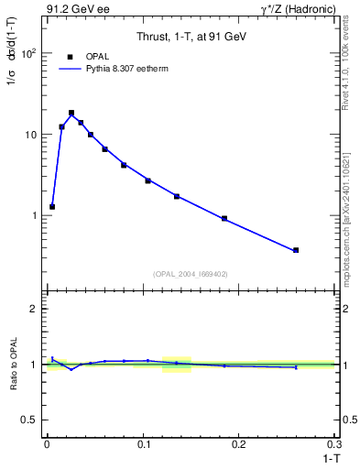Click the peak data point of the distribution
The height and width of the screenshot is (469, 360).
pos(71,113)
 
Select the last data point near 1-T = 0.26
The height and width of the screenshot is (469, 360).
pos(296,250)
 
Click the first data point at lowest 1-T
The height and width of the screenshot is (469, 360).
pos(52,207)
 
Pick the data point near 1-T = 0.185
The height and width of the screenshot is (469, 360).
pos(224,218)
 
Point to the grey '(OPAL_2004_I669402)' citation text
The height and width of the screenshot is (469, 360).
pos(191,273)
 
